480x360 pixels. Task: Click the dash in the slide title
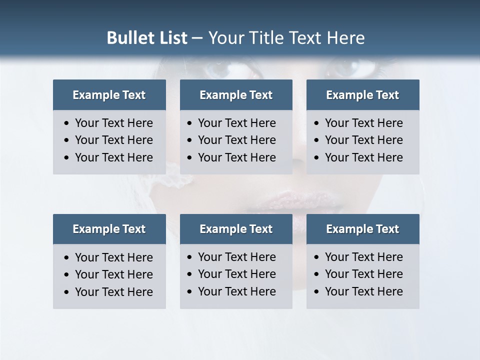197,38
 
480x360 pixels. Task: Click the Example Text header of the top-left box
109,95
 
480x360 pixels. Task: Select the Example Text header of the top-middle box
236,95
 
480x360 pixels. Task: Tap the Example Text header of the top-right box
362,95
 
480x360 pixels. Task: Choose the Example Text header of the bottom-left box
109,229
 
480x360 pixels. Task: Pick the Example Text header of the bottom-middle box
236,229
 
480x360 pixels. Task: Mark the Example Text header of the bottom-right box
362,229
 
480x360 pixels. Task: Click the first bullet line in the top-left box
113,123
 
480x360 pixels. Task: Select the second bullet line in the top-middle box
236,140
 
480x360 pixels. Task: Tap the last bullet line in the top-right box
363,157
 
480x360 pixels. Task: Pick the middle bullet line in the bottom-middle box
236,274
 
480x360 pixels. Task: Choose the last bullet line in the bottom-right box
363,291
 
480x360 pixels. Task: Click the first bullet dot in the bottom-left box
67,257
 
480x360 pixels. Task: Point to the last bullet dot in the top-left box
67,157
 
